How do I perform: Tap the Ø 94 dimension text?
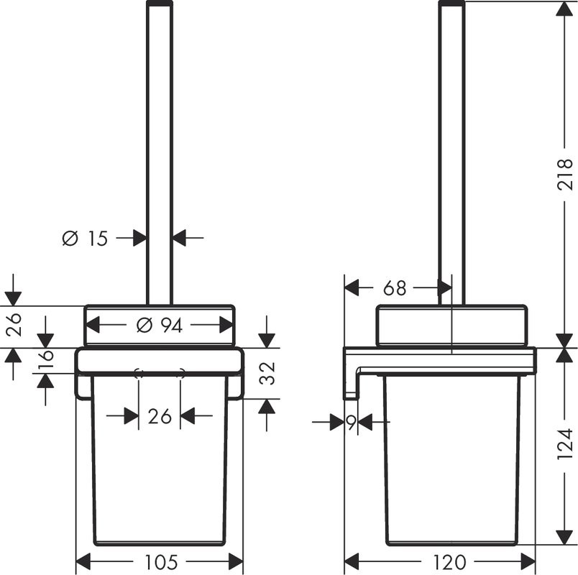[x=160, y=326]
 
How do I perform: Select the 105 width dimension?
[x=160, y=561]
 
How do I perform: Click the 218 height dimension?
[x=566, y=173]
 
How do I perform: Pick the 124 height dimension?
[x=566, y=444]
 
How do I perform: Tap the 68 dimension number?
[x=395, y=288]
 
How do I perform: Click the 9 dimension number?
[x=351, y=423]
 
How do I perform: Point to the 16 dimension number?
[x=45, y=358]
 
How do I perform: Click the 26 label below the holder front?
[x=159, y=415]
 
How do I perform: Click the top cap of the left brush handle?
[x=160, y=4]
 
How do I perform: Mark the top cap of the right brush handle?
[x=451, y=4]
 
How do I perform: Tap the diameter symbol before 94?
[x=142, y=326]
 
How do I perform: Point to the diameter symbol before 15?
[x=70, y=238]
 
